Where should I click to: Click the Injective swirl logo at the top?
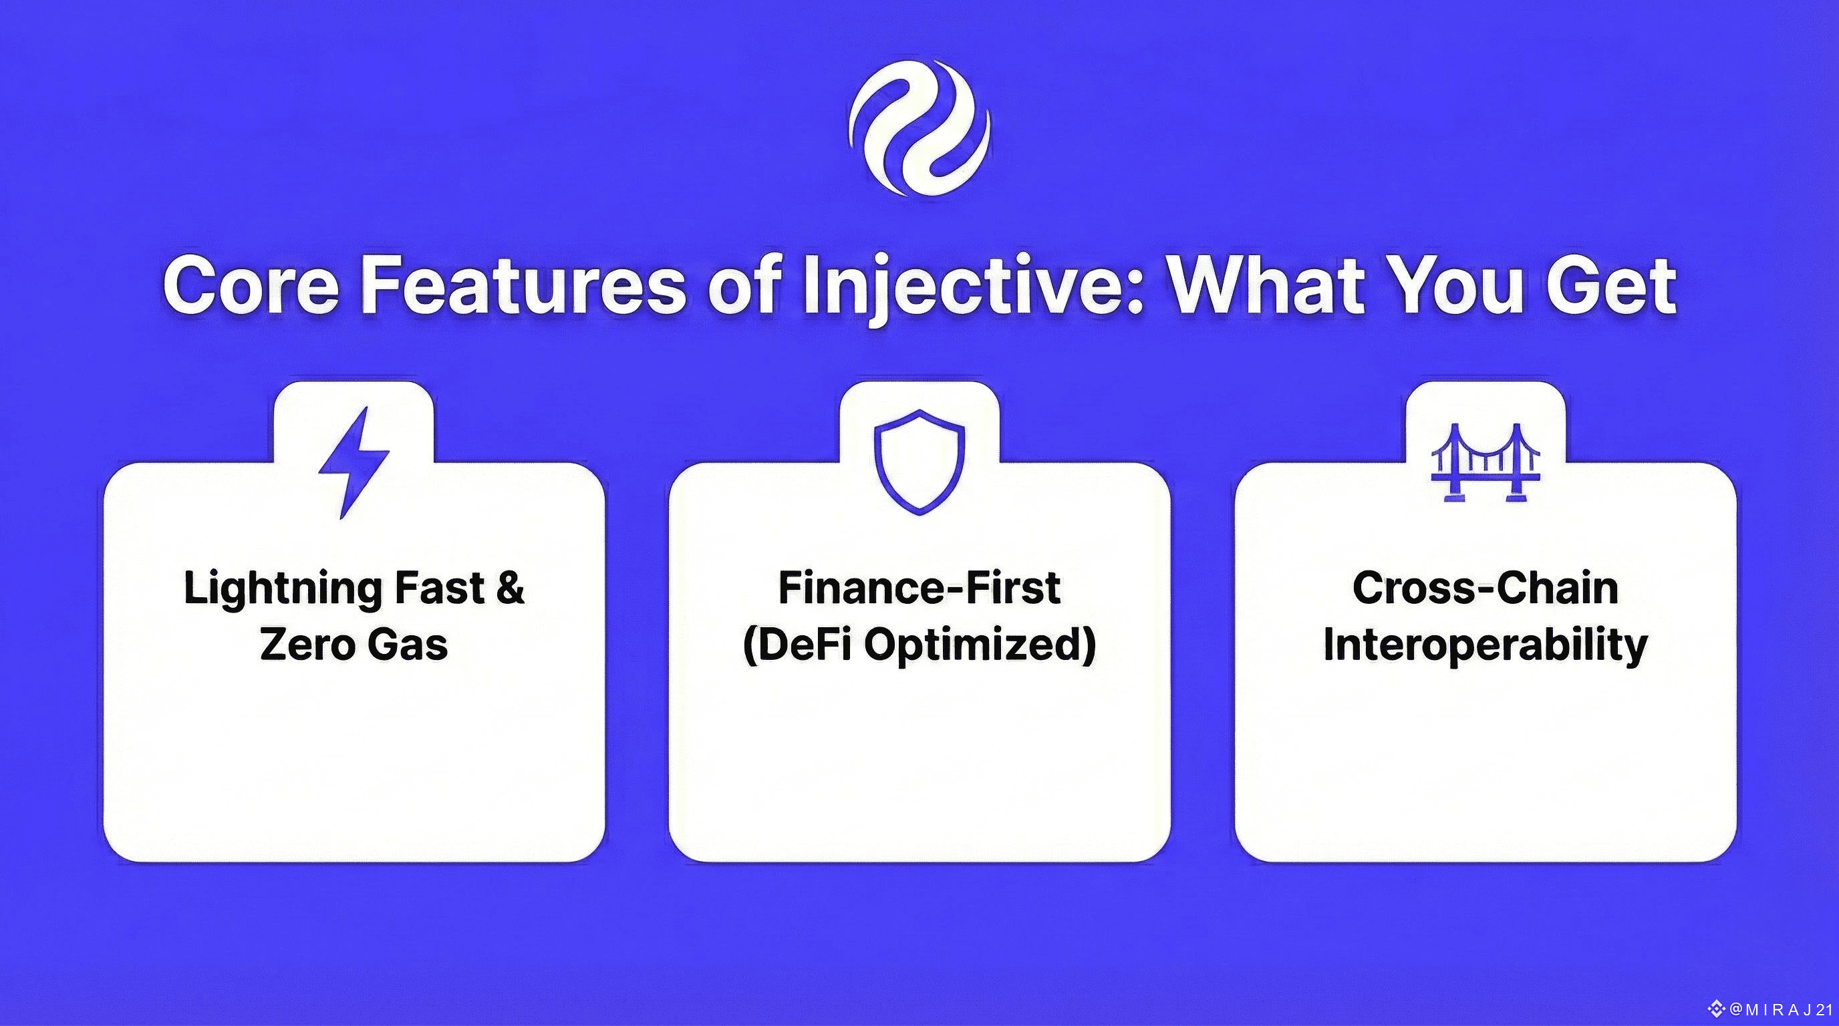click(x=919, y=129)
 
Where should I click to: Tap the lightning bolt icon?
click(x=353, y=462)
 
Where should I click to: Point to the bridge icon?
click(x=1485, y=462)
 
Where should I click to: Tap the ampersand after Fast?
click(x=510, y=588)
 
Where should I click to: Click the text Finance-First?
click(x=920, y=588)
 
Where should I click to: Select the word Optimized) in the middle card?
click(x=980, y=646)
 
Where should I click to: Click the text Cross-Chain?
click(x=1485, y=588)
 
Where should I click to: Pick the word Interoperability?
click(x=1485, y=647)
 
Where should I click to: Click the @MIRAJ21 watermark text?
click(x=1782, y=1009)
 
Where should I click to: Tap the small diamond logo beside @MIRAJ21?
click(x=1717, y=1009)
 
